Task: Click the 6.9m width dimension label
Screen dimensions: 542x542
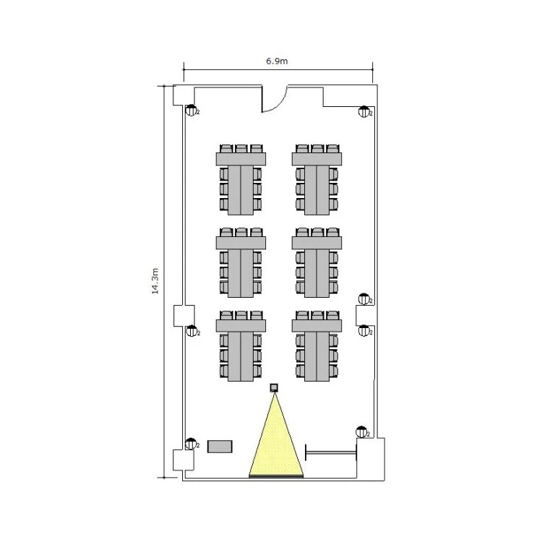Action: [x=277, y=61]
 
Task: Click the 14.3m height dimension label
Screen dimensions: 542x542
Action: [x=155, y=281]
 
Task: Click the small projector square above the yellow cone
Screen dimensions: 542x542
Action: [x=274, y=388]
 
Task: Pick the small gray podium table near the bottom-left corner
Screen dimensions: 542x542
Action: [x=220, y=447]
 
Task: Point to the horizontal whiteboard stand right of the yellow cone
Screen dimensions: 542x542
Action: [x=331, y=452]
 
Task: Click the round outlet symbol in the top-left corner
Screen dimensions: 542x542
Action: [x=192, y=111]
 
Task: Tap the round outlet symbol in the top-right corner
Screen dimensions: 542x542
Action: [x=364, y=111]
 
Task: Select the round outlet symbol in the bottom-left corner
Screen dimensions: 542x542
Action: [x=191, y=444]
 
